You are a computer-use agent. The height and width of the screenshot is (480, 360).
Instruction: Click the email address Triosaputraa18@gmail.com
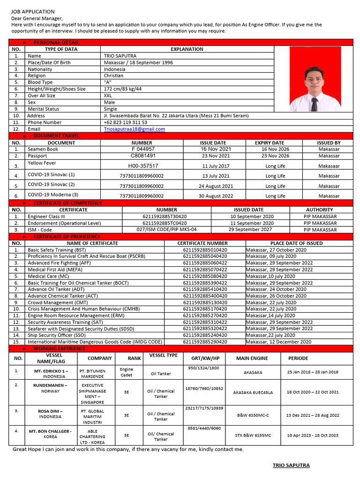(x=135, y=129)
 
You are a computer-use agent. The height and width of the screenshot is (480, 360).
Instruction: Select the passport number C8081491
(x=143, y=156)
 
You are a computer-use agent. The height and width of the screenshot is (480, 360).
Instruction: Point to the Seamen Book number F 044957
(x=143, y=149)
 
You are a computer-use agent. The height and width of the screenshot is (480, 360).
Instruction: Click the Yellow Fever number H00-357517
(x=143, y=166)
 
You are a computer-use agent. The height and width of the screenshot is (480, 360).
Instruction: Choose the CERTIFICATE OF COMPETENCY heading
(x=67, y=203)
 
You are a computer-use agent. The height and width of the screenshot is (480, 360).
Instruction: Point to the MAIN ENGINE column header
(x=252, y=358)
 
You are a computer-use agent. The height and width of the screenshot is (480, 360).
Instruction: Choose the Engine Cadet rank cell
(x=127, y=372)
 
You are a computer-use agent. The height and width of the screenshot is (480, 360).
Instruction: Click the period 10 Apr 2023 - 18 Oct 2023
(x=313, y=435)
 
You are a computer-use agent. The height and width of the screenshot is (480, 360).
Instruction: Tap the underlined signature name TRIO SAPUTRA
(x=291, y=465)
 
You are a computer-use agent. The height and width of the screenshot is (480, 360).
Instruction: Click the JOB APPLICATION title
(x=33, y=11)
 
